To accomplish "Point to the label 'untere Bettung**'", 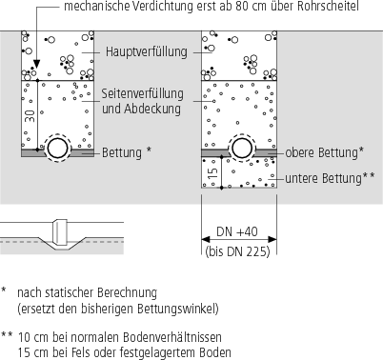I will point(324,177).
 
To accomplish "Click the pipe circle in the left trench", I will point(56,149).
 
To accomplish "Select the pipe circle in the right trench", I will point(236,149).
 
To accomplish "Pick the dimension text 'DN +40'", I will point(236,232).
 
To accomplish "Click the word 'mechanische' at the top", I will point(96,8).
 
